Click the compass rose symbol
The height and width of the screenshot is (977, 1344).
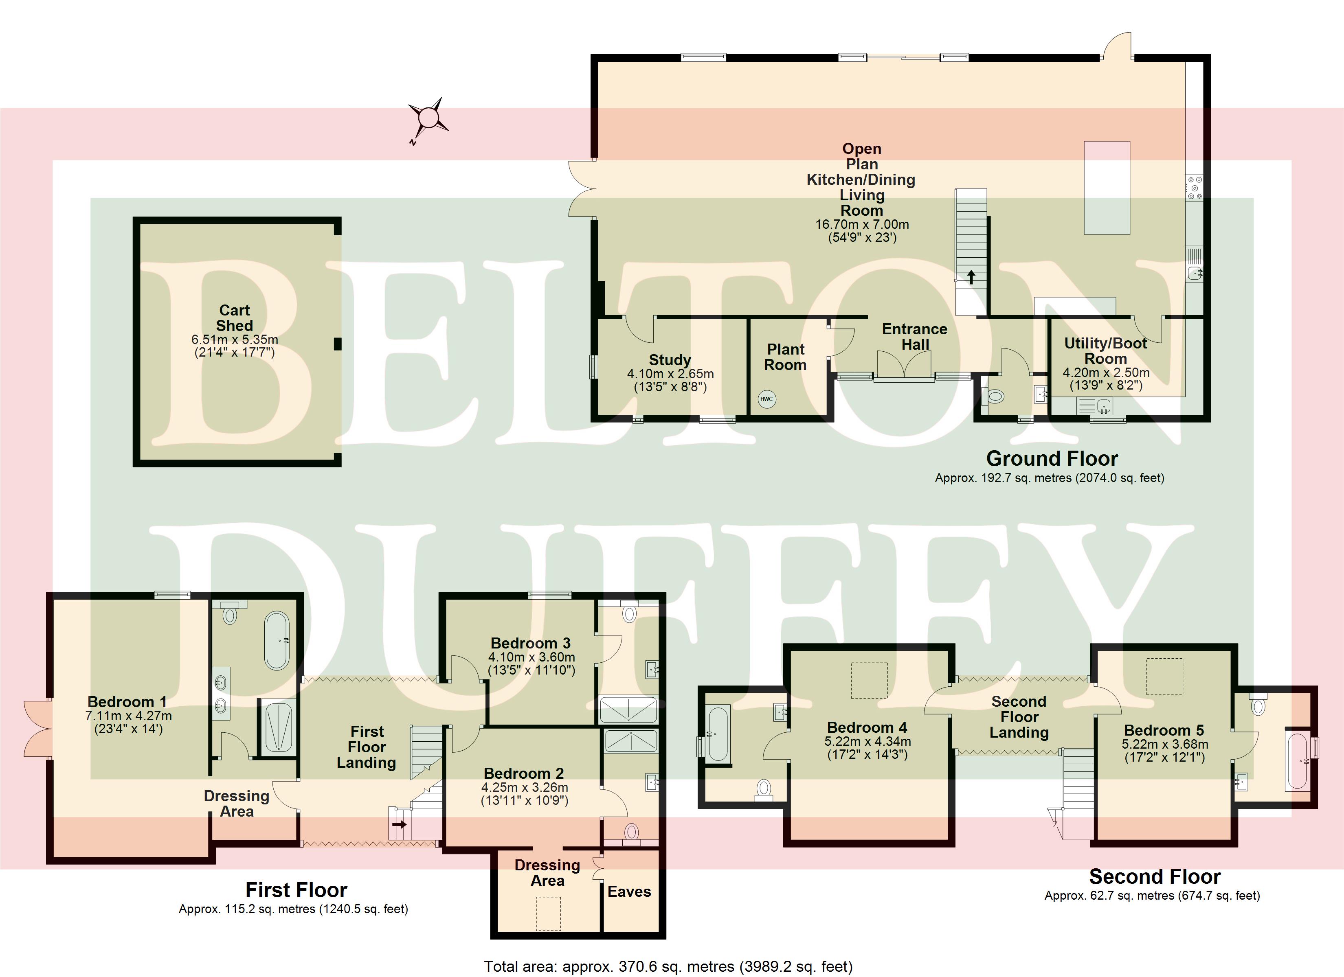click(x=427, y=118)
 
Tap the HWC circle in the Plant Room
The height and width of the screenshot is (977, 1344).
click(x=766, y=399)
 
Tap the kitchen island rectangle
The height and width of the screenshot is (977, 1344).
click(x=1107, y=188)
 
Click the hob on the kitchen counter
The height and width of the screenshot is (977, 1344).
click(x=1194, y=187)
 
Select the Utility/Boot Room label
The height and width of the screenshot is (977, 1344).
click(x=1106, y=351)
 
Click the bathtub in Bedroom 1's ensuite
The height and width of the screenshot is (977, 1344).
click(x=276, y=640)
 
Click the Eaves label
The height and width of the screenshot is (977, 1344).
click(x=629, y=892)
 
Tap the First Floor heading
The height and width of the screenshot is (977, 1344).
click(x=296, y=890)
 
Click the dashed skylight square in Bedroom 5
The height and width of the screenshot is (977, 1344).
click(x=1164, y=676)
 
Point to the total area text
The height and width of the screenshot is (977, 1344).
click(x=668, y=967)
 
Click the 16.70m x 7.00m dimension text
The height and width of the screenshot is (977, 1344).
click(x=862, y=225)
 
